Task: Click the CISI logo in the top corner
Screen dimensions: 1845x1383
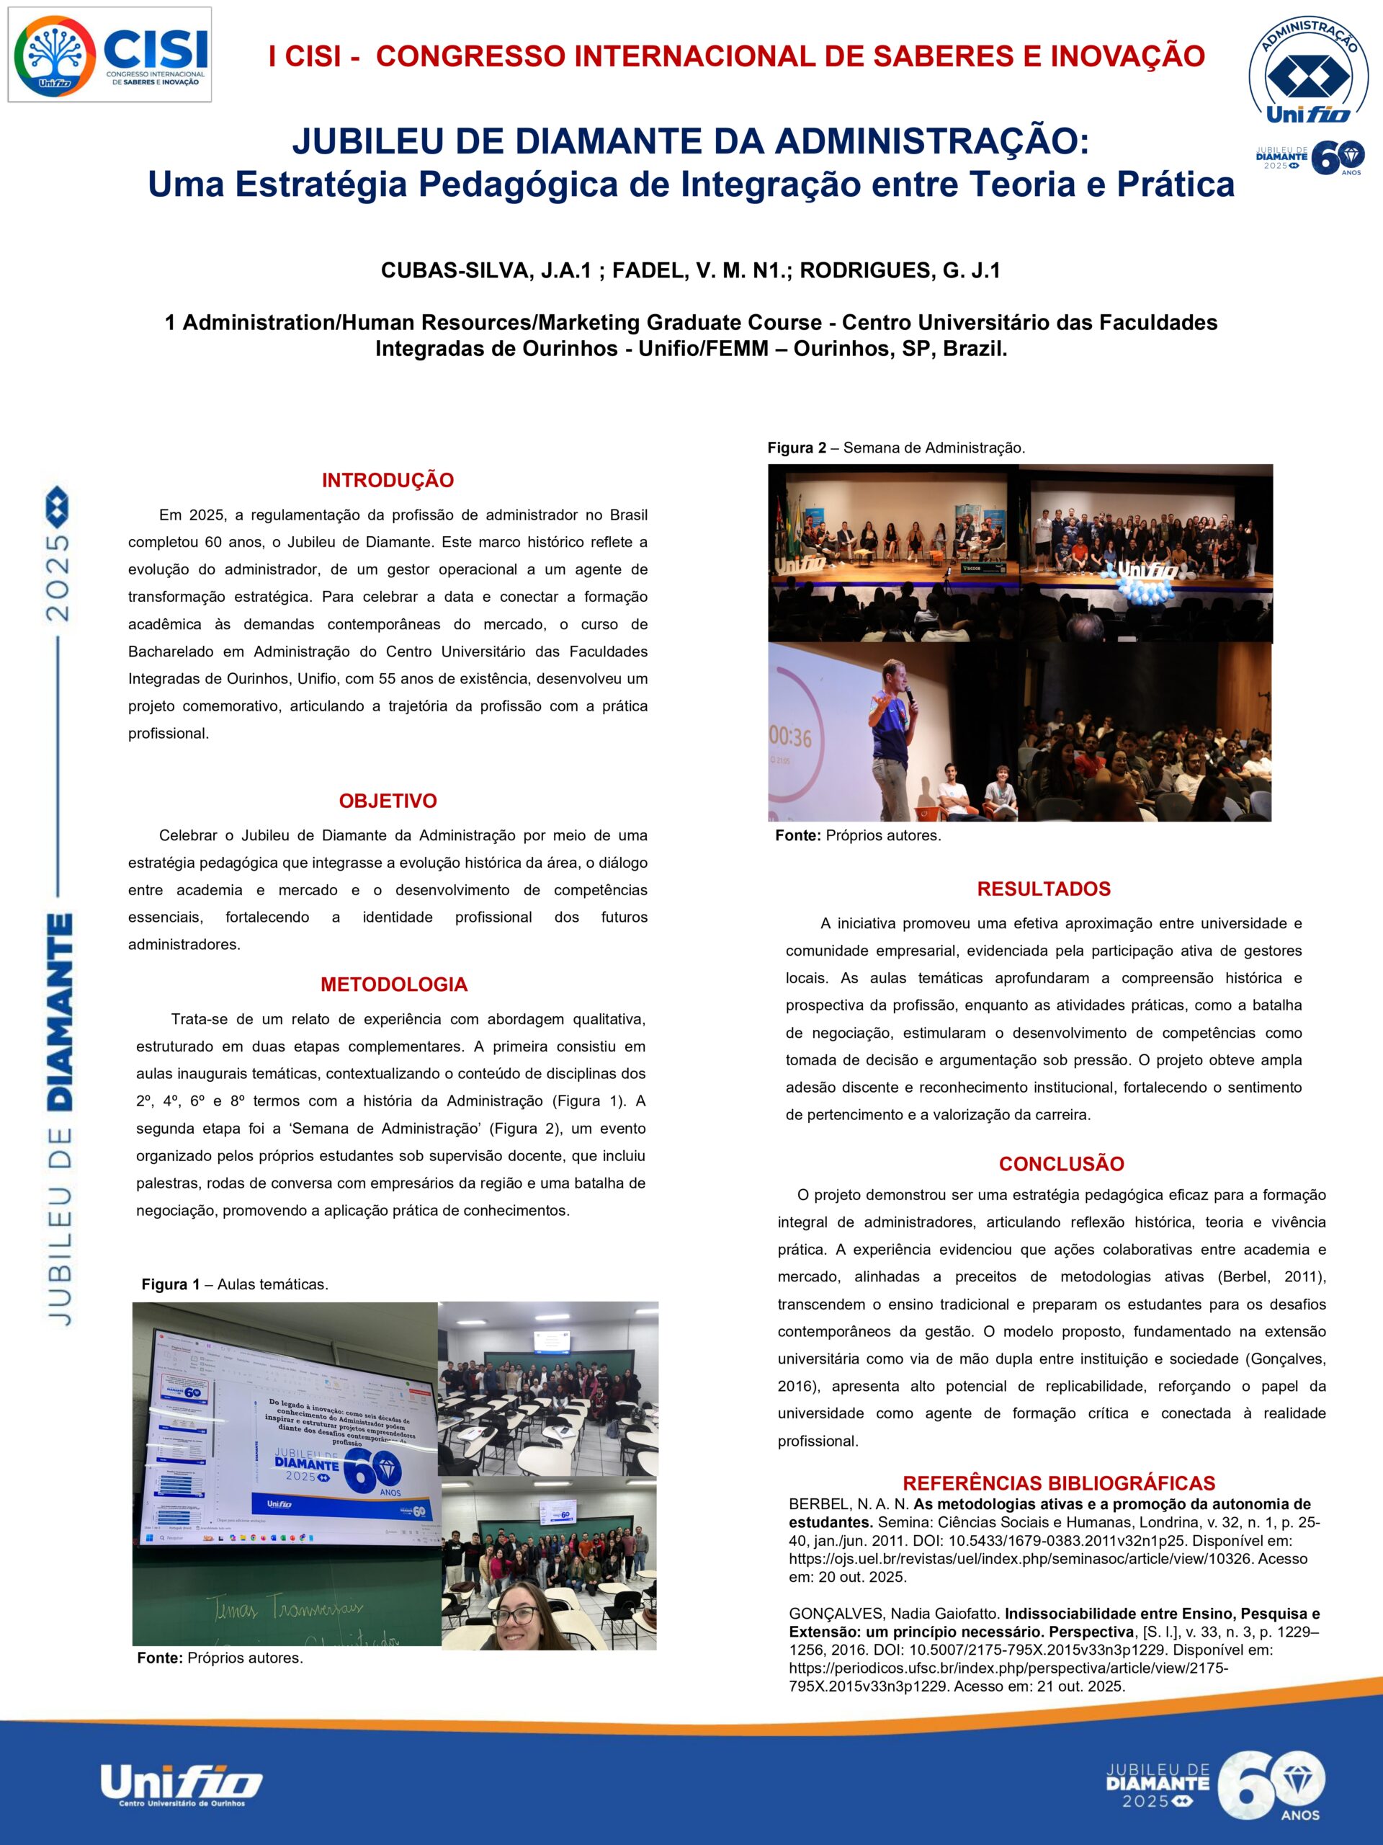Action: coord(109,54)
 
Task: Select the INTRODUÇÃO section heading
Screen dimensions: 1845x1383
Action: coord(388,481)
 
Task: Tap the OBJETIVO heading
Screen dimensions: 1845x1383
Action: coord(388,801)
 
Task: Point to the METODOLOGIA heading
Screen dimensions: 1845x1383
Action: coord(393,984)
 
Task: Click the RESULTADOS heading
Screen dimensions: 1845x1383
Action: coord(1044,889)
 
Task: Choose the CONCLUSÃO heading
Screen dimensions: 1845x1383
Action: coord(1061,1163)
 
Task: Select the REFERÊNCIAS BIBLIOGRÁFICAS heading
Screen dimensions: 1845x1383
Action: coord(1059,1483)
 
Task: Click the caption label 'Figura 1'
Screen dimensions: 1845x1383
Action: coord(171,1284)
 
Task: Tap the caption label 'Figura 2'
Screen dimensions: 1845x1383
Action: coord(797,448)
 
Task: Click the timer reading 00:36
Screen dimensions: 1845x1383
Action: coord(790,737)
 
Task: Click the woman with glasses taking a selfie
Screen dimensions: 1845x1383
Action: coord(518,1622)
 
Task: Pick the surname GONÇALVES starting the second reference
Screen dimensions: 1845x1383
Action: coord(833,1614)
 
